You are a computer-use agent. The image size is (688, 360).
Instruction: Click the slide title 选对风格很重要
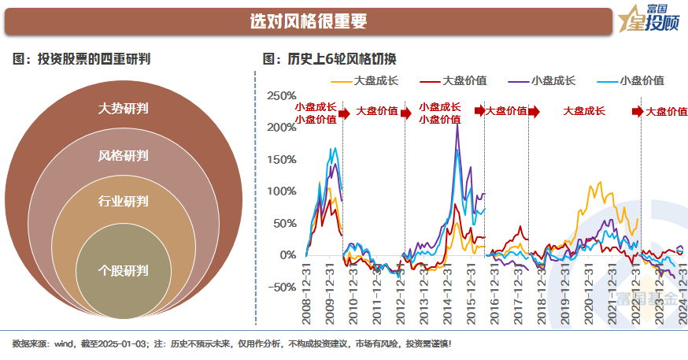[x=308, y=21]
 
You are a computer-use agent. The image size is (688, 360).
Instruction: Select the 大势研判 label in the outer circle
[x=124, y=108]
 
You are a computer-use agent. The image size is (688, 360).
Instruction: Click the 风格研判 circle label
[x=124, y=155]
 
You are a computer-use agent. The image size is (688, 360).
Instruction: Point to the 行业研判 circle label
[x=124, y=200]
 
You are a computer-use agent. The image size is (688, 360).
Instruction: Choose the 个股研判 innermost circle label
[x=124, y=270]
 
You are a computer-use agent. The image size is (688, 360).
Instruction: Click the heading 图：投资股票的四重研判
[x=82, y=58]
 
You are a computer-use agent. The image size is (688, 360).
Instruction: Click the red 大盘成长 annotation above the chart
[x=583, y=111]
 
